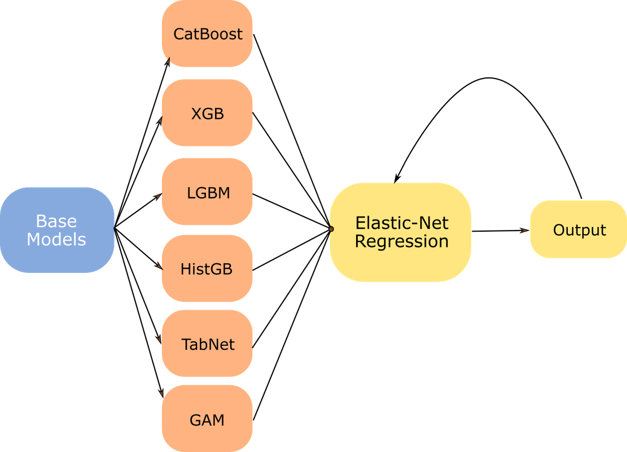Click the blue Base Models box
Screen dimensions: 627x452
(57, 230)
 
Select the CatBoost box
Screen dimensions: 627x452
(207, 34)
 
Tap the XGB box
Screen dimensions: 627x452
(207, 112)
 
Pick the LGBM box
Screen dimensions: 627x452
(207, 192)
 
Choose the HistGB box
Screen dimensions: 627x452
(207, 268)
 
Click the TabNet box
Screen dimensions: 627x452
(207, 343)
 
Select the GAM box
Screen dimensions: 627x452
(207, 418)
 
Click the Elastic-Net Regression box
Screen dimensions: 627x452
(401, 232)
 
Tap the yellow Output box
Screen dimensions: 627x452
(578, 229)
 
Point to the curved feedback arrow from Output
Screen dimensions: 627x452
(489, 77)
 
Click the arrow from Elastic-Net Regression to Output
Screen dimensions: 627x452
(501, 231)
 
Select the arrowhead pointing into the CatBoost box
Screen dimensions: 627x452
(168, 62)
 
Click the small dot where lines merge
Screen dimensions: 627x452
(331, 229)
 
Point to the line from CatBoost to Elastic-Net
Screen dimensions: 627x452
(292, 131)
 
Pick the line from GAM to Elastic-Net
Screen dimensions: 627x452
(292, 325)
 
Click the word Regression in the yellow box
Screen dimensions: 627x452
(401, 241)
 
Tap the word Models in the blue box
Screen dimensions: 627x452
(56, 240)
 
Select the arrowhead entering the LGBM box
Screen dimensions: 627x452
(158, 196)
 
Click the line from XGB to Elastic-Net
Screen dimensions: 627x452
(292, 171)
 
